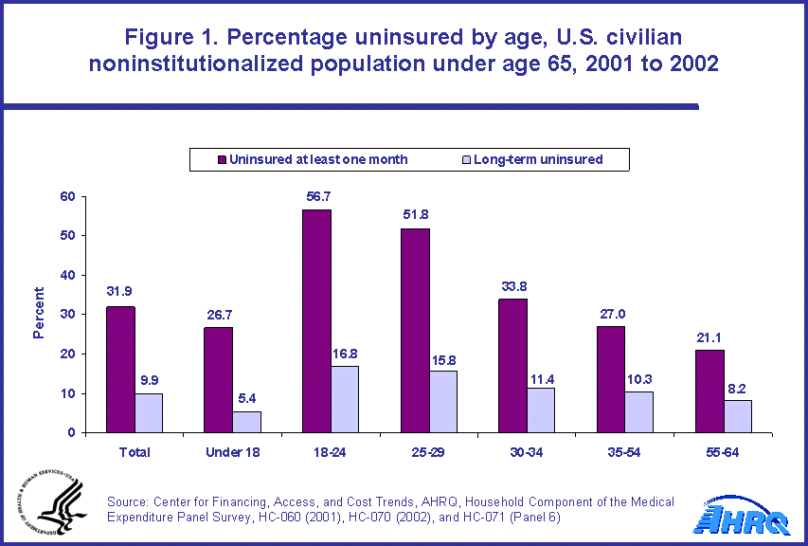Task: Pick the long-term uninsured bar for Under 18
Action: point(246,422)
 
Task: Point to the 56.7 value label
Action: point(316,197)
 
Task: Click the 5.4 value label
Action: point(246,399)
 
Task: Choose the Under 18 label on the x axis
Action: point(232,452)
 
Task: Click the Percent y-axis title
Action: point(40,313)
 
